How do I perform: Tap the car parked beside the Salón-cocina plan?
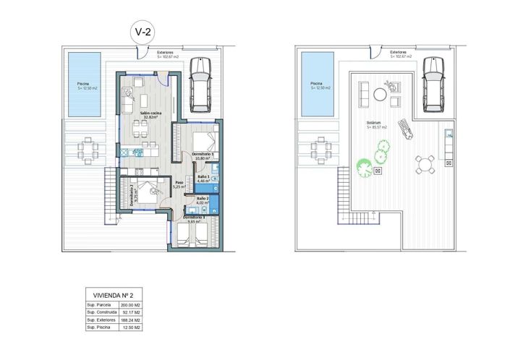[200, 85]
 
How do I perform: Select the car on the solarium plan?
[432, 85]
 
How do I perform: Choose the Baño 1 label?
[203, 179]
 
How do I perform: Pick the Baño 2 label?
[203, 201]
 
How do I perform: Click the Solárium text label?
[376, 125]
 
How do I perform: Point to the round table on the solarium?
[425, 164]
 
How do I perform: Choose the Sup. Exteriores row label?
[102, 321]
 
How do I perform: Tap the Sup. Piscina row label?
[100, 328]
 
